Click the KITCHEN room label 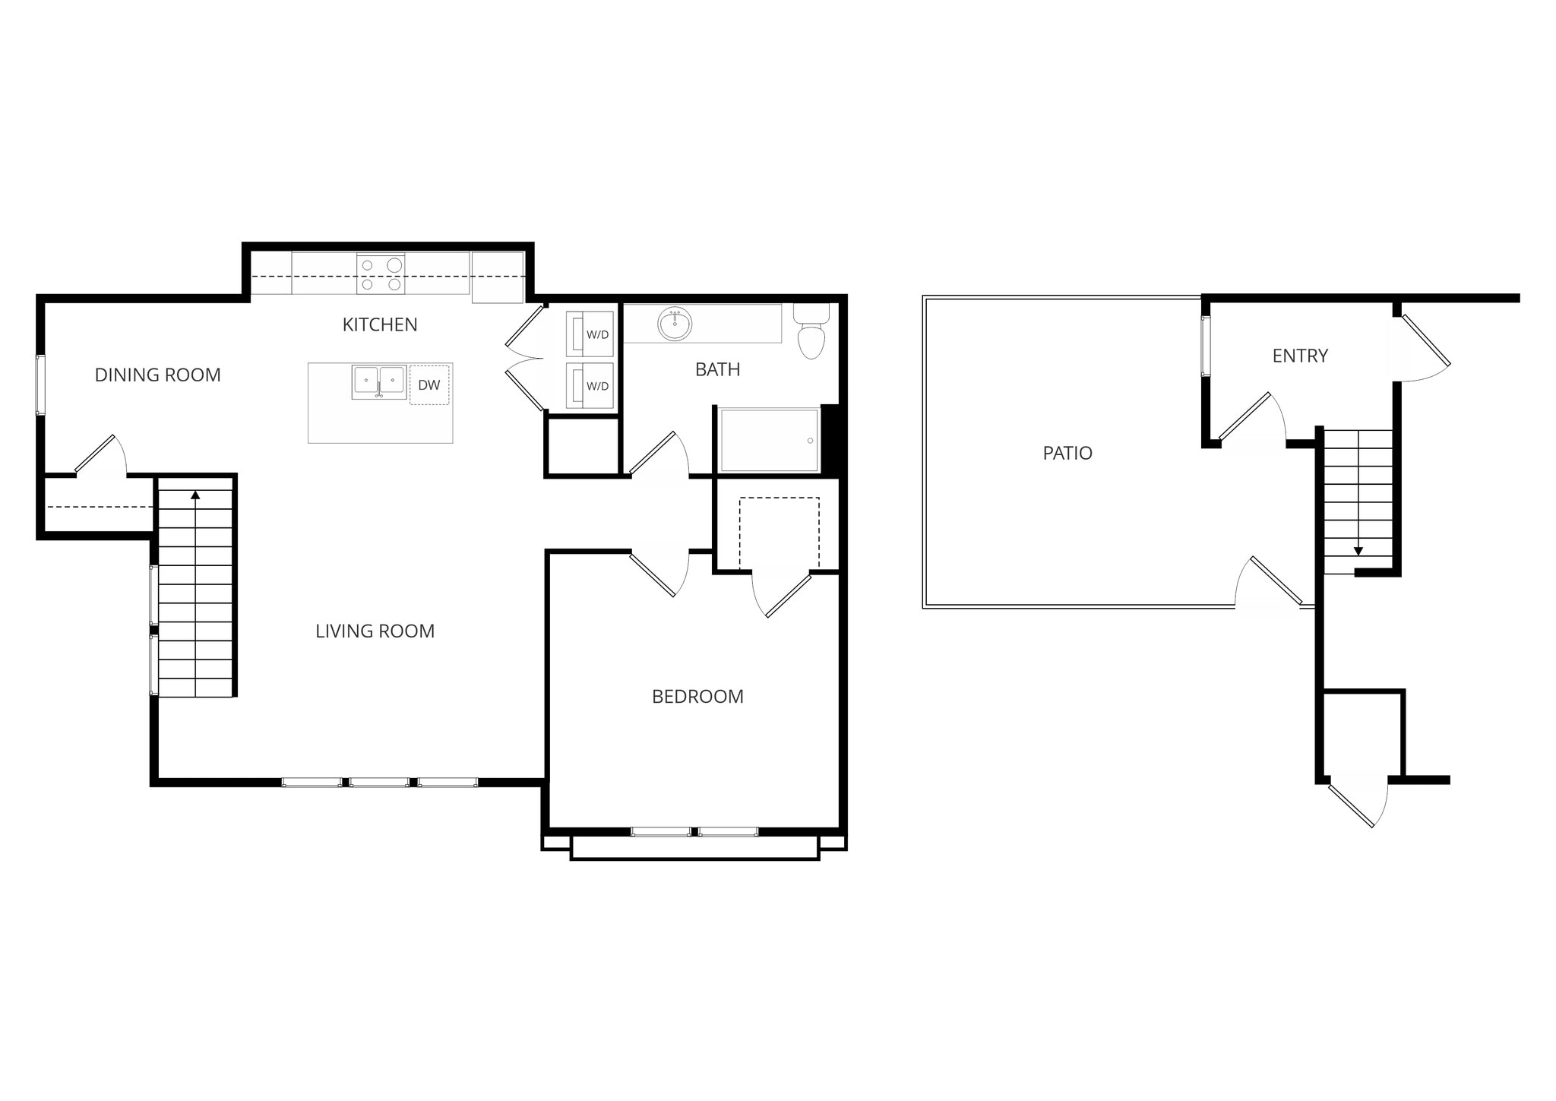pos(380,325)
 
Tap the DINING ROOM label pos(157,375)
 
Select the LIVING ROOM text pos(375,631)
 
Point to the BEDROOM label pos(697,697)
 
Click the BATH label pos(717,369)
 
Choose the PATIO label pos(1067,453)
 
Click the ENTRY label pos(1300,356)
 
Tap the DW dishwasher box pos(429,385)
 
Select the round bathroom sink pos(675,325)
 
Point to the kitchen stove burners pos(381,274)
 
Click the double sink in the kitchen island pos(378,381)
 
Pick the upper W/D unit pos(590,334)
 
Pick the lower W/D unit pos(590,386)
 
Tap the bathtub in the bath pos(770,441)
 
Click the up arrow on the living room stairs pos(195,495)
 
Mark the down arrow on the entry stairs pos(1358,551)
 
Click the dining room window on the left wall pos(41,384)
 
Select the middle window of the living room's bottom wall pos(379,782)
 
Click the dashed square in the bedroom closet pos(779,533)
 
